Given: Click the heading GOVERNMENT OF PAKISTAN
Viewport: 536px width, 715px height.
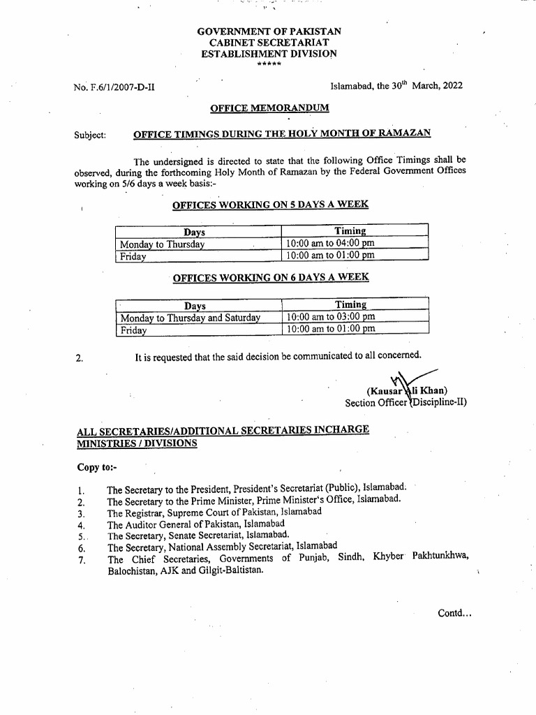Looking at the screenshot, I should [x=269, y=32].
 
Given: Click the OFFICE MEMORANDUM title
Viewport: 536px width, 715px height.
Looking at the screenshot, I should [x=270, y=108].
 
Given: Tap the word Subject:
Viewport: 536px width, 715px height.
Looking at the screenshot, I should [x=90, y=134].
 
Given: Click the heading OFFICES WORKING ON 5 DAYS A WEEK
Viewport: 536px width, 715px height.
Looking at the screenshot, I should [x=271, y=205].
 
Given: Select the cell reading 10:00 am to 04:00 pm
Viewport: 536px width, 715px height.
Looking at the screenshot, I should [x=330, y=244].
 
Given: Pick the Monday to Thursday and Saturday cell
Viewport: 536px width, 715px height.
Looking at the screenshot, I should [x=190, y=318].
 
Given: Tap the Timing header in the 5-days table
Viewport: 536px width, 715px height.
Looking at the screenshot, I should [x=350, y=231].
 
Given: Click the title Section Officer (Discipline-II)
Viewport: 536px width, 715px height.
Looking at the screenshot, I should [x=405, y=403].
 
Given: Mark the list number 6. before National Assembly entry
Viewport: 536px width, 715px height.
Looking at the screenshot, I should [x=81, y=548].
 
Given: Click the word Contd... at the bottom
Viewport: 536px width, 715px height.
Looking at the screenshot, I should [x=454, y=613].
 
